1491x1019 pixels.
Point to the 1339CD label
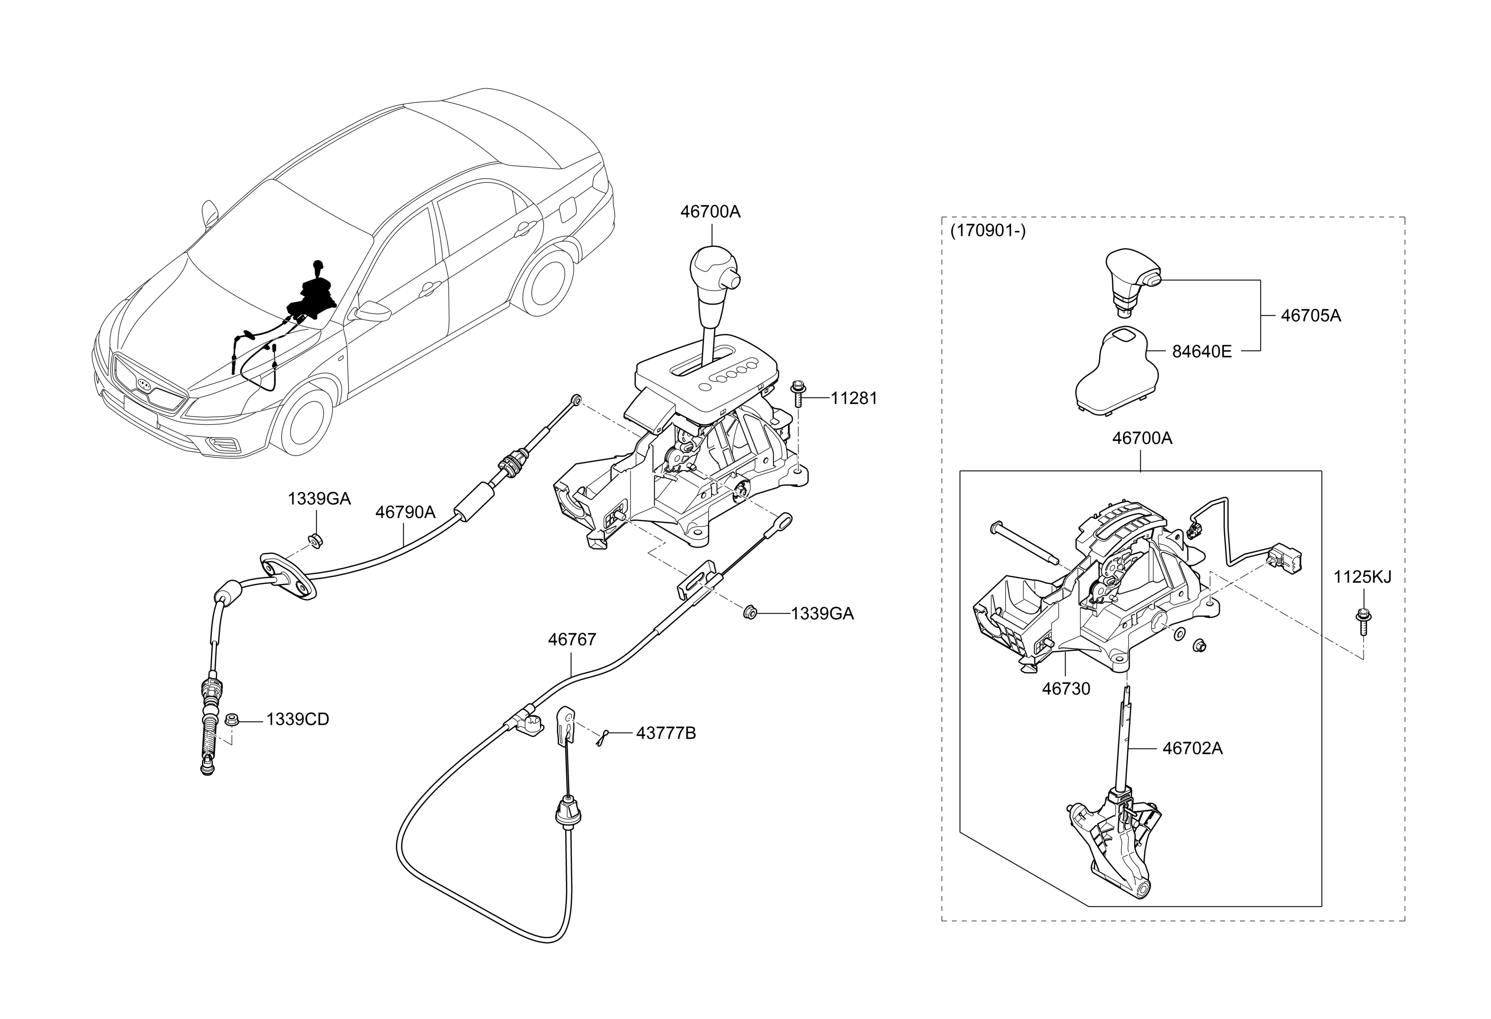[297, 719]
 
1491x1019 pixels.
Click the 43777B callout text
[666, 733]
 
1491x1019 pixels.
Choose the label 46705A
[1311, 316]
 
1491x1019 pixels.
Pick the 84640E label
[1202, 352]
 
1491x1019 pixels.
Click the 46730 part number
[1066, 689]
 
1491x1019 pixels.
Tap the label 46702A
[1193, 748]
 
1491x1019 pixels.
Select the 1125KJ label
[1363, 577]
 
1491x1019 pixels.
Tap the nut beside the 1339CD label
[233, 719]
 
